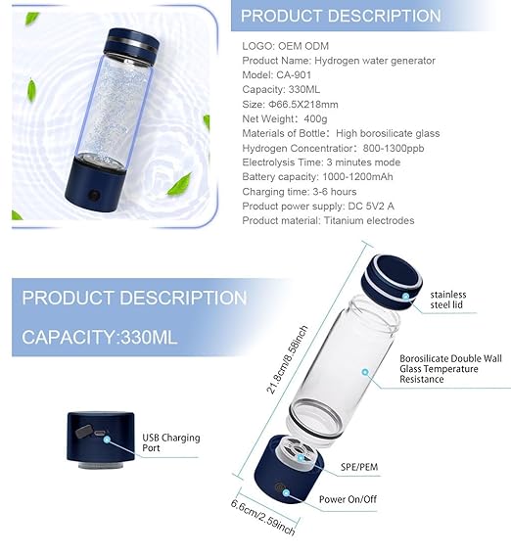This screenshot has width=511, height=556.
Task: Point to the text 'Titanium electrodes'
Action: pyautogui.click(x=367, y=220)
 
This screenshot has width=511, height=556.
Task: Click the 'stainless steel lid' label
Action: pyautogui.click(x=447, y=301)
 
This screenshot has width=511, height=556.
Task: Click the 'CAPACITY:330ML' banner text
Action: pyautogui.click(x=100, y=338)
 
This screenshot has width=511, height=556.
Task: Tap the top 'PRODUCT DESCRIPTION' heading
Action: pyautogui.click(x=341, y=16)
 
